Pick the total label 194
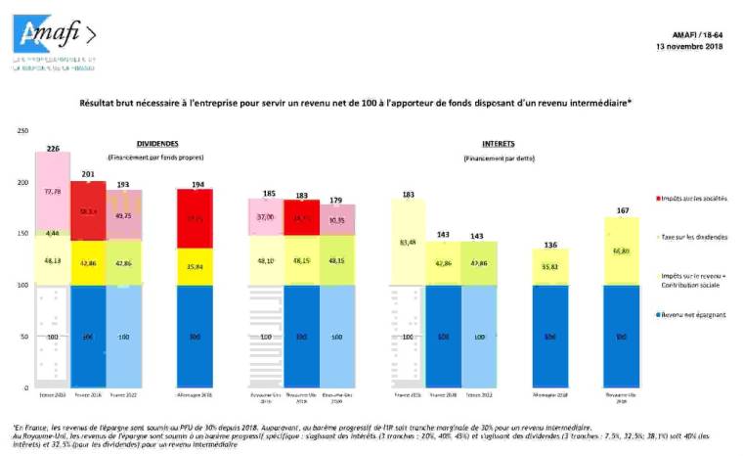pos(198,183)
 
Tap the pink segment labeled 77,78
pos(52,192)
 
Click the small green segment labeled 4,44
pos(52,233)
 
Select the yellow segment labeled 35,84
pos(198,265)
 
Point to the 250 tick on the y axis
pos(22,131)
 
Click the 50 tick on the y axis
pos(24,337)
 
